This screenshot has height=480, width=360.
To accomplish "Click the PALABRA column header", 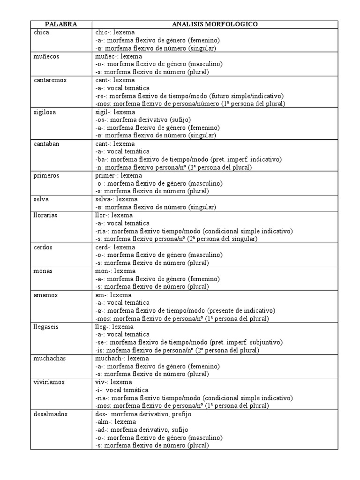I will click(61, 24).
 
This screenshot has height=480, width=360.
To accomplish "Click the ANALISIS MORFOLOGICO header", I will click(215, 24).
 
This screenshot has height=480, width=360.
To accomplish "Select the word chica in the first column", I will click(41, 32).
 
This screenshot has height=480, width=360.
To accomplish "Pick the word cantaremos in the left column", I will click(50, 80).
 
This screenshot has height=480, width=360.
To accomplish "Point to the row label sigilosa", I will click(45, 112).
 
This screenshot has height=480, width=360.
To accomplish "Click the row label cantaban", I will click(47, 144).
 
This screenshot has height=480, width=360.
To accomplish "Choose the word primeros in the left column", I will click(46, 175).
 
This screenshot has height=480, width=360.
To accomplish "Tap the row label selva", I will click(41, 199).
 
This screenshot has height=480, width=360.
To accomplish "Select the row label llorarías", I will click(46, 215).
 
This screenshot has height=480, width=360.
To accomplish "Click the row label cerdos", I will click(43, 247).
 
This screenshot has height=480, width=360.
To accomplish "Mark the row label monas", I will click(43, 271).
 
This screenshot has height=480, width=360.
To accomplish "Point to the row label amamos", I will click(45, 295).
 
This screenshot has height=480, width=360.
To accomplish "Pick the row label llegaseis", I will click(46, 327).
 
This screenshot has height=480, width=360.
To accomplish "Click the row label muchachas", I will click(50, 358).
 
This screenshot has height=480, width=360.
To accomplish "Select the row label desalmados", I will click(51, 414).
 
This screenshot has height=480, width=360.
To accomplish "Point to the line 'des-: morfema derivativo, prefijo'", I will click(143, 414).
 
